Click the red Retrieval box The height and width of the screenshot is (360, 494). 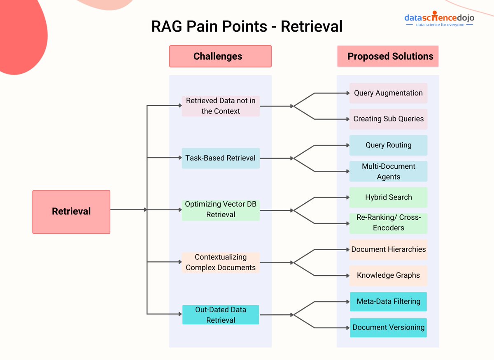click(x=71, y=211)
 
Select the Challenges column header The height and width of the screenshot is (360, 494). click(x=220, y=56)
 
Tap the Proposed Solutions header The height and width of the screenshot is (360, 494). click(x=388, y=56)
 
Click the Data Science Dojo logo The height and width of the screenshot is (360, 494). click(x=439, y=20)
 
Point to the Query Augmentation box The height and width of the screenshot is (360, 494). click(x=388, y=93)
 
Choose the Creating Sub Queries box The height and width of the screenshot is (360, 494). click(x=388, y=119)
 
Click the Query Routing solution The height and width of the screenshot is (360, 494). click(x=388, y=145)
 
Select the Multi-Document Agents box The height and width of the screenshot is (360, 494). click(x=388, y=171)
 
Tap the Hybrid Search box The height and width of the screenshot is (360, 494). click(x=388, y=197)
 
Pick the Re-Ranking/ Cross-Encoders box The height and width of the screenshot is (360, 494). click(x=388, y=223)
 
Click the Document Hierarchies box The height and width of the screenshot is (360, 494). click(x=388, y=249)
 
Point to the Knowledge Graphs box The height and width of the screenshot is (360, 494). click(x=388, y=275)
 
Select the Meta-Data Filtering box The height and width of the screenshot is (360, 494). click(x=388, y=302)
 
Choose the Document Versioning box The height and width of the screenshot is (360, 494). click(x=388, y=327)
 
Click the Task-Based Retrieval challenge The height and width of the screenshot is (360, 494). click(x=221, y=158)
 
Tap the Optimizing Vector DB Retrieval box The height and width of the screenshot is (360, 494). click(x=221, y=209)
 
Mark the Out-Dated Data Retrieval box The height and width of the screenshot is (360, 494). click(x=221, y=315)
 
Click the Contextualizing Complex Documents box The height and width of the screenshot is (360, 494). click(x=221, y=262)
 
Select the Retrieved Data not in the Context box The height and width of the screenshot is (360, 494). click(x=221, y=106)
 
